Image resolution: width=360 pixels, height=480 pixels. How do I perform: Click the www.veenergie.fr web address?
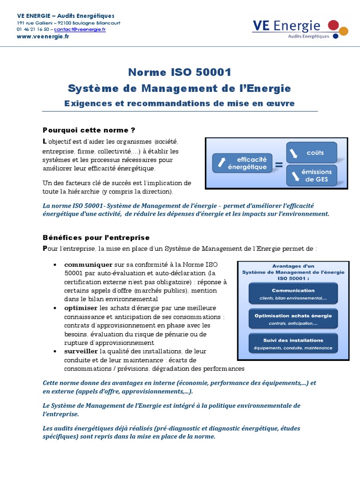[43, 36]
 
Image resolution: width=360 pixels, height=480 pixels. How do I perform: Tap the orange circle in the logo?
[344, 31]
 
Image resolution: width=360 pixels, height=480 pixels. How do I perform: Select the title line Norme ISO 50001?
[180, 73]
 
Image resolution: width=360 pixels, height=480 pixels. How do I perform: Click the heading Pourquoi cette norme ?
[85, 129]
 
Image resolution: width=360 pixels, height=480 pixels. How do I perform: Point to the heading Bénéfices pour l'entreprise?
[96, 238]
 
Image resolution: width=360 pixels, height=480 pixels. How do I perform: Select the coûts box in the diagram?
[311, 152]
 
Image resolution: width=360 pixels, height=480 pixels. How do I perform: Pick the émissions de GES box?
[311, 175]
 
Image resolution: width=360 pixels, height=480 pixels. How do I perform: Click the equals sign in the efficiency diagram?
[279, 165]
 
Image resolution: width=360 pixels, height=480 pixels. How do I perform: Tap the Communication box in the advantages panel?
[293, 293]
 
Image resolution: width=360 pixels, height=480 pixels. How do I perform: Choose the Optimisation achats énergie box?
[293, 319]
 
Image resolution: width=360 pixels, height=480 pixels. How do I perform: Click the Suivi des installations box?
[293, 344]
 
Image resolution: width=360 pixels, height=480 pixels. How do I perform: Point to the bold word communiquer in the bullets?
[88, 264]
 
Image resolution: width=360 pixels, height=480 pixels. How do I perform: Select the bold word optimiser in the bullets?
[81, 308]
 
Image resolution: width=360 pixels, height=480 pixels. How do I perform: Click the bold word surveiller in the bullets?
[81, 351]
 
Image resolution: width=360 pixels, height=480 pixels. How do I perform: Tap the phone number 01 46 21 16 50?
[33, 29]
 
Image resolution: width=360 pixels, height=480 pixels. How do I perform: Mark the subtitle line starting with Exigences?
[180, 104]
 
